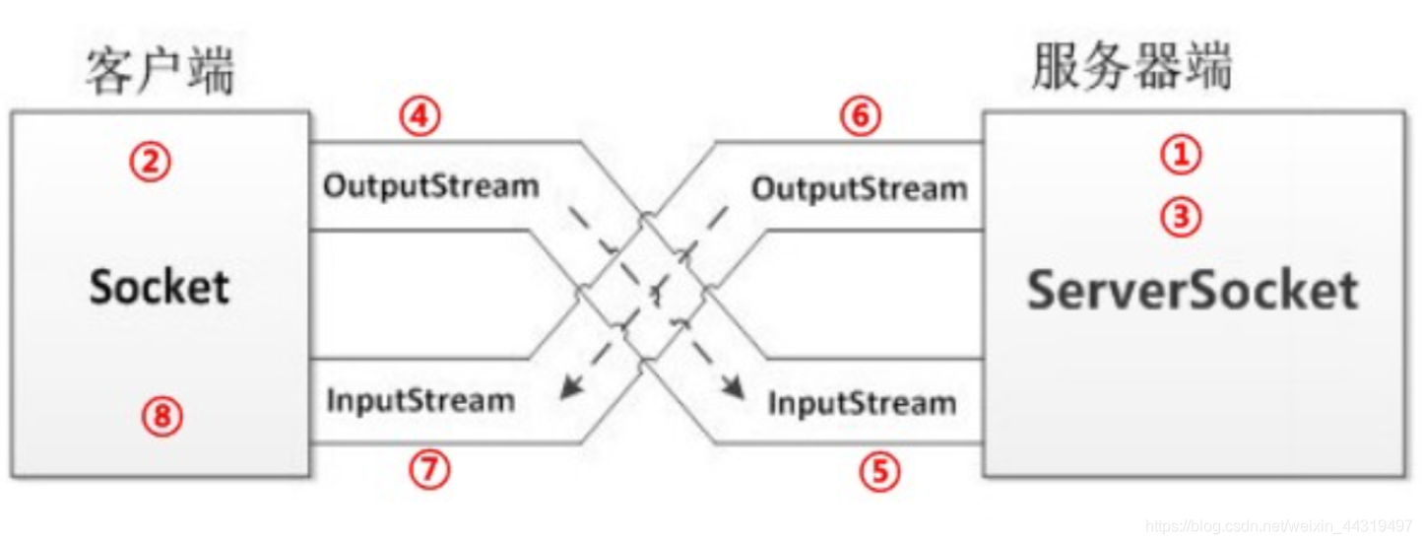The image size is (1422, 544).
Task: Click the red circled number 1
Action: (x=1181, y=154)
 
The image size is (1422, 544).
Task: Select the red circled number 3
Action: (x=1181, y=218)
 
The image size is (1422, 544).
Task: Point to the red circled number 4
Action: (x=420, y=117)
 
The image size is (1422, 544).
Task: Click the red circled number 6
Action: (x=861, y=117)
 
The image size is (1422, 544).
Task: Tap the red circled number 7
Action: (x=429, y=470)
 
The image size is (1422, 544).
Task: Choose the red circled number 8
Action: (x=163, y=418)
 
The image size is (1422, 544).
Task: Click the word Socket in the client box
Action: (x=160, y=287)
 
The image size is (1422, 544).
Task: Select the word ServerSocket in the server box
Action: (x=1193, y=290)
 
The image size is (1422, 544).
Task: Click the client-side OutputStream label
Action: (x=431, y=185)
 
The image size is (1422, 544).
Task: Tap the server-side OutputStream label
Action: (x=860, y=188)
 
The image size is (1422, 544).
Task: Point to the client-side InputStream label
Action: (x=420, y=400)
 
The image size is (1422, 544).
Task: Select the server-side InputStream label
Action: (x=862, y=403)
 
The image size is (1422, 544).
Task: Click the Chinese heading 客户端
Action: (x=160, y=71)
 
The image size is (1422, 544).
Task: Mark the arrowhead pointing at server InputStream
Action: (x=734, y=391)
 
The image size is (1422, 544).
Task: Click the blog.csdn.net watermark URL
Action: (x=1279, y=526)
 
